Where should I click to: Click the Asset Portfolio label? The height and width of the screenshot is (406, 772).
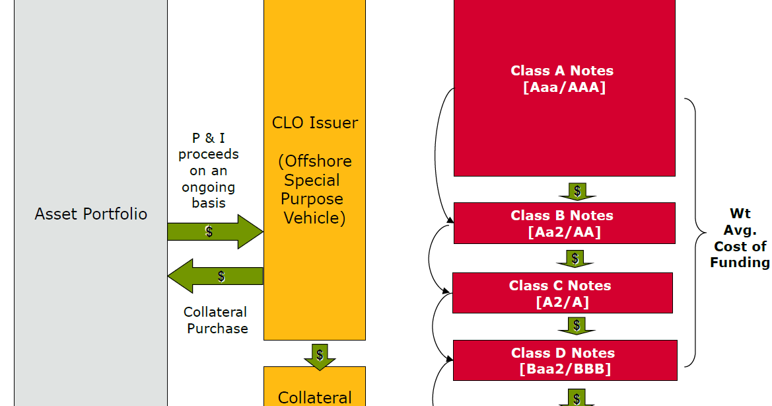click(91, 214)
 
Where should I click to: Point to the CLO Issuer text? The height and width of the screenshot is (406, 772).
click(315, 123)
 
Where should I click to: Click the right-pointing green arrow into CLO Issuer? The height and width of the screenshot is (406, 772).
click(215, 231)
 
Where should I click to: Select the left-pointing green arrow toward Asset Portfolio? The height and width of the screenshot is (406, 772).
click(215, 276)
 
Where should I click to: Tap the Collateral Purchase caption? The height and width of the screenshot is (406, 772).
click(216, 320)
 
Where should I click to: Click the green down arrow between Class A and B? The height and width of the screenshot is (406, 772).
click(577, 191)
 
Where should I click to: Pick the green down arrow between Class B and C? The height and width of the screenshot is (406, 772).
click(576, 259)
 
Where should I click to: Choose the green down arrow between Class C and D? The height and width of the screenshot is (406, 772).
click(577, 325)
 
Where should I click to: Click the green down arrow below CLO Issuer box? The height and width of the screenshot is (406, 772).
click(320, 355)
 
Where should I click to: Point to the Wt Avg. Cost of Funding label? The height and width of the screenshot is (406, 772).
click(740, 238)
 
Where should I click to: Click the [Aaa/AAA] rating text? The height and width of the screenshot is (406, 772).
click(564, 87)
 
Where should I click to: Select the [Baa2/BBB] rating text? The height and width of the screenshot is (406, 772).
click(565, 369)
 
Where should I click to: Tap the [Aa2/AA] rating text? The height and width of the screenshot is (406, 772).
click(564, 232)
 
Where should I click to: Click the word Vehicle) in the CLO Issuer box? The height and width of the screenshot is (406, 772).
click(315, 218)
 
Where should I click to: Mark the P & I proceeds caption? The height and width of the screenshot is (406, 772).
click(209, 171)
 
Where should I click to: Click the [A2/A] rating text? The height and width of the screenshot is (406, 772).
click(562, 302)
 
